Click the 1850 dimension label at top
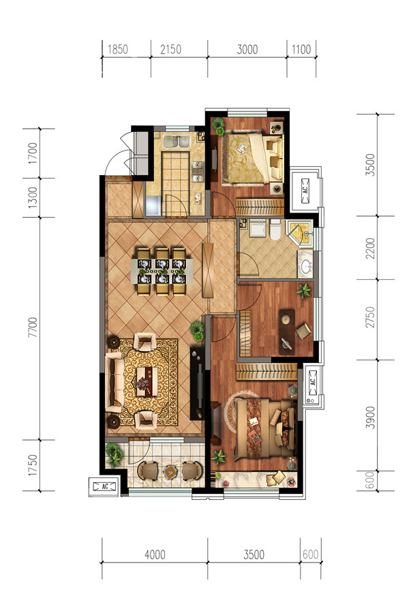[118, 50]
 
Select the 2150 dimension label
[170, 50]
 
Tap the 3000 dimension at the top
[247, 50]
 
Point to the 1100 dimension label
[301, 50]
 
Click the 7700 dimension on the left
[33, 328]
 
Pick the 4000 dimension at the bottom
[155, 554]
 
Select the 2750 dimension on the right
[370, 317]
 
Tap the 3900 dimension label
[370, 418]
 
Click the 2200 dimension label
[370, 248]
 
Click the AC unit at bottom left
[104, 487]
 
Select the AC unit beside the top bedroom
[305, 191]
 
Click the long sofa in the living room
[115, 382]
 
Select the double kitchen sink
[177, 141]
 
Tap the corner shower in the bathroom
[299, 233]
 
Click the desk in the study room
[287, 332]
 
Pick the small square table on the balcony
[170, 472]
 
